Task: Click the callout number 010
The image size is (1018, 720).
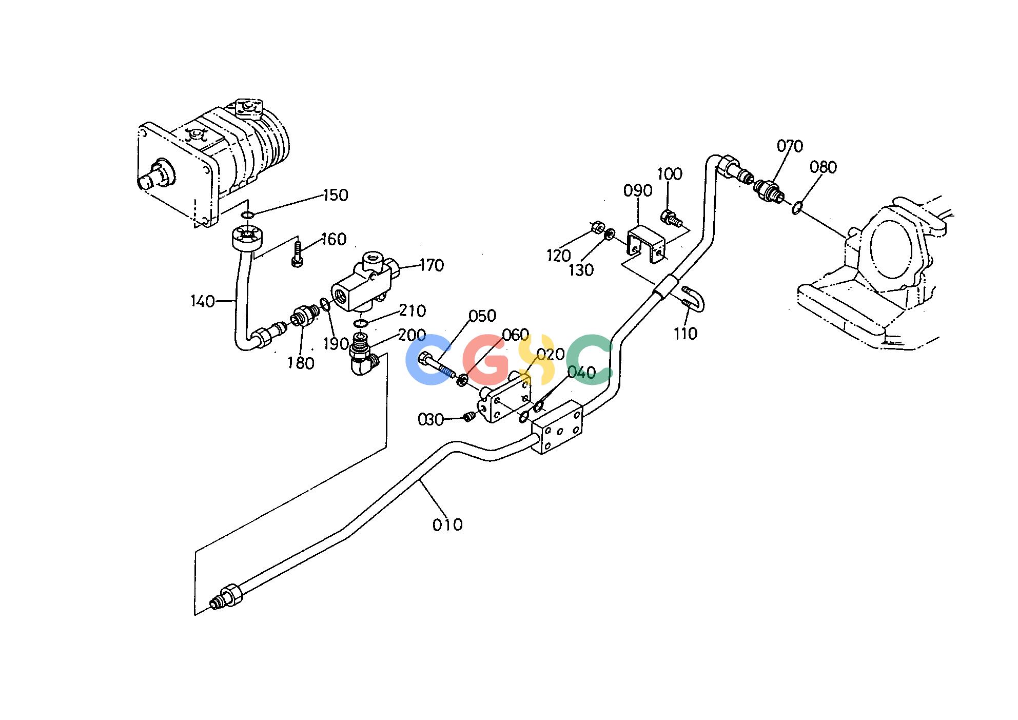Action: [447, 524]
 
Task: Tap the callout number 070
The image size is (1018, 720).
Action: [790, 147]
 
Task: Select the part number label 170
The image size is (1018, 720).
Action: [432, 265]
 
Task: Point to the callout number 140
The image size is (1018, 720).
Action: [203, 301]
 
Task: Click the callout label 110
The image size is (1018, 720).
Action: [686, 334]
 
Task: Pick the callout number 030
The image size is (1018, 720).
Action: [430, 420]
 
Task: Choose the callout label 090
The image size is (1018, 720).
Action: [638, 190]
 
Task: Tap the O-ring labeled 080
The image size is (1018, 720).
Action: [796, 208]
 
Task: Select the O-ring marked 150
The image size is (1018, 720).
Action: [247, 215]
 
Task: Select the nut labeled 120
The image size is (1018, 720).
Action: [597, 226]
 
